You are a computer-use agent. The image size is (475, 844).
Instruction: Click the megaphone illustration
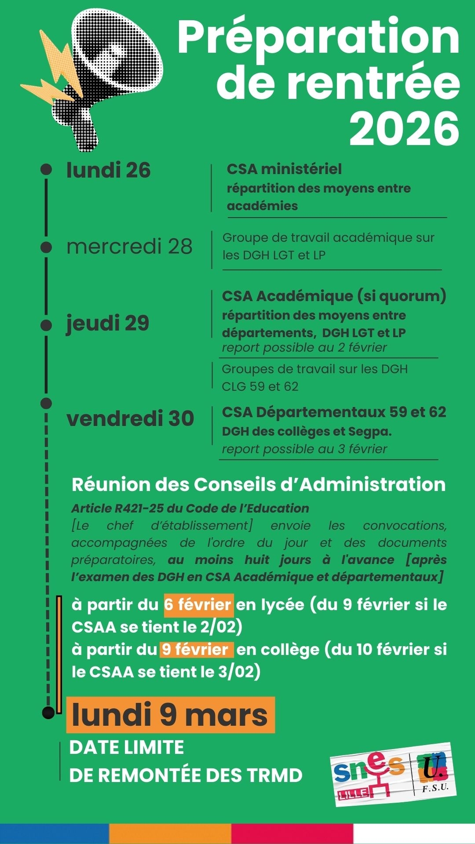tap(106, 75)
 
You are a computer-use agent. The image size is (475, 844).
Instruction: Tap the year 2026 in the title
tap(404, 128)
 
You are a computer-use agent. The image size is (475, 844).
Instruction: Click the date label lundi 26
tap(108, 171)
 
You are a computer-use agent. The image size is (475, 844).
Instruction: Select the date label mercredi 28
tap(129, 246)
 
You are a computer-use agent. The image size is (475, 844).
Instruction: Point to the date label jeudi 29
tap(108, 323)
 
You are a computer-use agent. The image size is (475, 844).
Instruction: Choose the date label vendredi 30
tap(130, 418)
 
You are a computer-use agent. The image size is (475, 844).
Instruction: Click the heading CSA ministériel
tap(284, 169)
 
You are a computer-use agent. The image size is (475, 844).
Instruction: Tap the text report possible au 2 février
tap(304, 347)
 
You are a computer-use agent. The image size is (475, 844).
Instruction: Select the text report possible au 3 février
tap(304, 449)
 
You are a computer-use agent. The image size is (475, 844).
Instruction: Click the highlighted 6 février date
tap(198, 605)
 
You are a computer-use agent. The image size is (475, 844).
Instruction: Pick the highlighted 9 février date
tap(196, 649)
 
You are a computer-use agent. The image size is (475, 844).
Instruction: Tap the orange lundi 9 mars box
tap(170, 715)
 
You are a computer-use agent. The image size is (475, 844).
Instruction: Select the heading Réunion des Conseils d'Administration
tap(259, 484)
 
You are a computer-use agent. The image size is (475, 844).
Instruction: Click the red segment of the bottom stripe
tap(292, 834)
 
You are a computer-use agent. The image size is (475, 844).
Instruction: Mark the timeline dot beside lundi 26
tap(46, 170)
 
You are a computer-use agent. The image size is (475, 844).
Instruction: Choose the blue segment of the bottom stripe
tap(55, 834)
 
